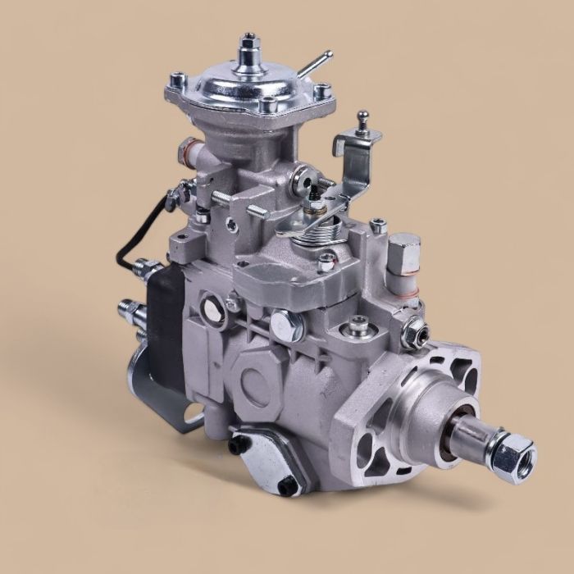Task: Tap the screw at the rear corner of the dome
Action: click(176, 80)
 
